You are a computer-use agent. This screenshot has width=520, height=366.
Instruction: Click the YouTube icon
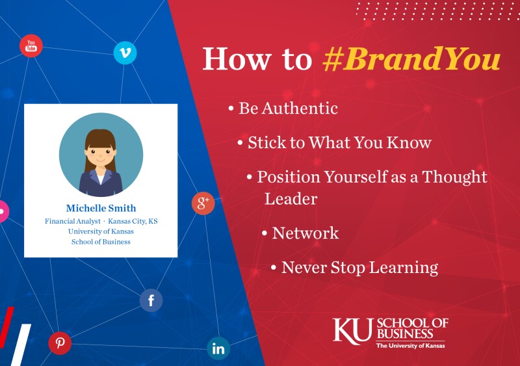[31, 46]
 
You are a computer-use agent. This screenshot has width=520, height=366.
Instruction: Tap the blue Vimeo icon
[125, 53]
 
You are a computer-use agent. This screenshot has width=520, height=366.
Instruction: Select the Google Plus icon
[203, 203]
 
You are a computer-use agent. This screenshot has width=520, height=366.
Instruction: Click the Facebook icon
[151, 300]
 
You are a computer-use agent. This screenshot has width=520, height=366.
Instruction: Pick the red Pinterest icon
[60, 343]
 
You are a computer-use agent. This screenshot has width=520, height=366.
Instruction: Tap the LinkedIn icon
[218, 348]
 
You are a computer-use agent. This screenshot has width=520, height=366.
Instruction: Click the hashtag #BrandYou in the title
[411, 59]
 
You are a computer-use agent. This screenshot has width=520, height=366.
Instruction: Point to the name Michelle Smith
[101, 208]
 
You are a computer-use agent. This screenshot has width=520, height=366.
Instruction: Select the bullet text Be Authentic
[288, 108]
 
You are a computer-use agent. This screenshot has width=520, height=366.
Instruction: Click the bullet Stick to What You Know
[339, 142]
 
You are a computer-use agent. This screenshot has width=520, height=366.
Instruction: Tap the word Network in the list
[305, 233]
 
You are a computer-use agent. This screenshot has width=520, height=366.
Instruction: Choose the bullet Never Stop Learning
[359, 267]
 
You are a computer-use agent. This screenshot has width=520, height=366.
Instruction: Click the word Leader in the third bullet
[291, 198]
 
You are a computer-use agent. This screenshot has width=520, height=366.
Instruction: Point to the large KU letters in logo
[353, 330]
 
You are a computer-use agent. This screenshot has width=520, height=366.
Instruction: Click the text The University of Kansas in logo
[410, 345]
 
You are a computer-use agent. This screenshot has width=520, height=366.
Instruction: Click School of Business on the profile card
[101, 242]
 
